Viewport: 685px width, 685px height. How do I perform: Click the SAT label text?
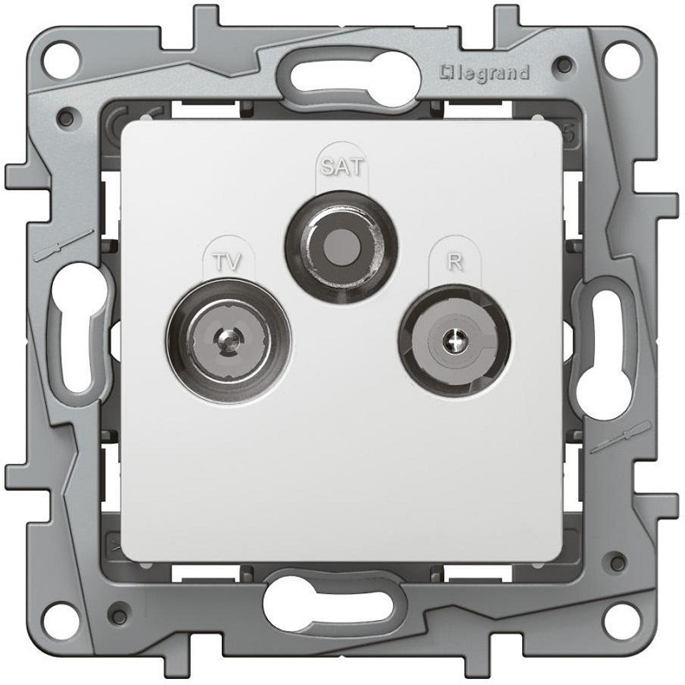pyautogui.click(x=342, y=166)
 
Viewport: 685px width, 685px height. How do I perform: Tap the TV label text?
pyautogui.click(x=228, y=263)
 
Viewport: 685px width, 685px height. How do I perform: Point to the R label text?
pyautogui.click(x=455, y=262)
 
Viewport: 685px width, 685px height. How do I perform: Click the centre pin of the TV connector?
pyautogui.click(x=227, y=340)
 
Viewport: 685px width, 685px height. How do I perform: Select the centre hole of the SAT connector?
pyautogui.click(x=342, y=247)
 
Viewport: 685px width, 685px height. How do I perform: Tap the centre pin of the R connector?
pyautogui.click(x=454, y=340)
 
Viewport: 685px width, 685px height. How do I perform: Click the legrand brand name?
pyautogui.click(x=485, y=73)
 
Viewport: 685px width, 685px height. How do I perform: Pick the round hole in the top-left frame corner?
pyautogui.click(x=62, y=60)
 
